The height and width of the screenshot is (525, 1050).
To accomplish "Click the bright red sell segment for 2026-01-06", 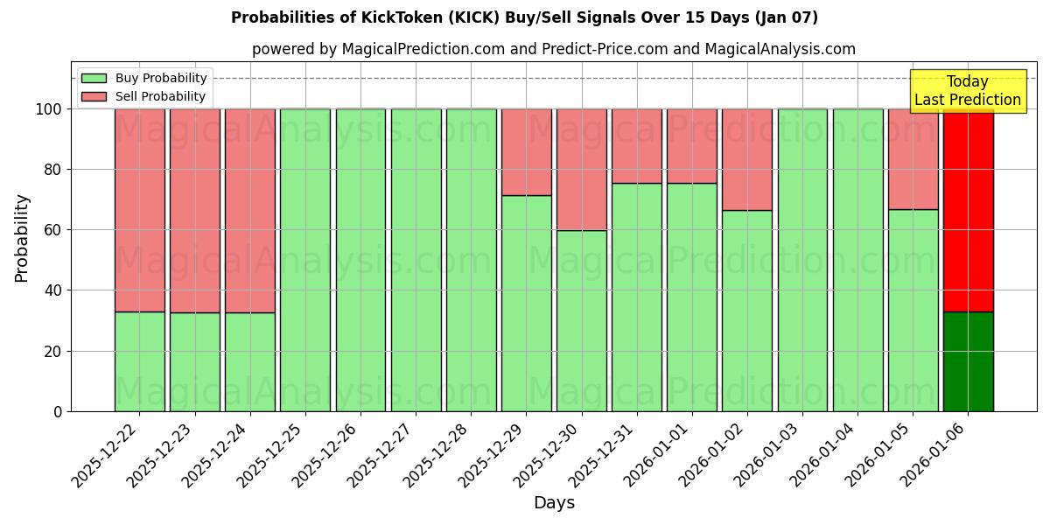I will pyautogui.click(x=968, y=210).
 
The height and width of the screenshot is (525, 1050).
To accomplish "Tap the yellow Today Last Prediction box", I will pyautogui.click(x=967, y=91).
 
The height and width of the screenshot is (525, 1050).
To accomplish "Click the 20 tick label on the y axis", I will pyautogui.click(x=52, y=351).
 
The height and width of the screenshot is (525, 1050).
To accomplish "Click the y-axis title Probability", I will pyautogui.click(x=22, y=238).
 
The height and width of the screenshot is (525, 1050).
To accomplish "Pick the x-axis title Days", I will pyautogui.click(x=554, y=503).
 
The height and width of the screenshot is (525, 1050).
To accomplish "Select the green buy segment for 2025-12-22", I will pyautogui.click(x=140, y=361).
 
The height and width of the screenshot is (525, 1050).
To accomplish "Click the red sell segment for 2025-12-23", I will pyautogui.click(x=195, y=210).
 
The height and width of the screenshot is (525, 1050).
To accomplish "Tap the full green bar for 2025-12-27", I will pyautogui.click(x=416, y=260).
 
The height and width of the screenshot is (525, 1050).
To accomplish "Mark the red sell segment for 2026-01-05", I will pyautogui.click(x=913, y=158).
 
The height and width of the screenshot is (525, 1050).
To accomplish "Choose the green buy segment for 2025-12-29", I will pyautogui.click(x=527, y=303).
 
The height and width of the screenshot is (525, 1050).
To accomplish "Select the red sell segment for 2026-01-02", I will pyautogui.click(x=747, y=159).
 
